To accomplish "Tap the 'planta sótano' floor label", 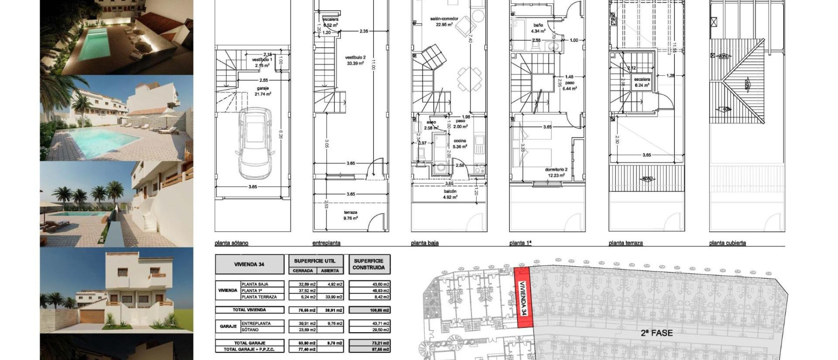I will pos(231,243).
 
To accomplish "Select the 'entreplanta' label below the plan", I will pos(326,243).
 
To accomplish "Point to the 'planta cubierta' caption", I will pos(727,243).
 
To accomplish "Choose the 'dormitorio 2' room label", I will pos(556,172).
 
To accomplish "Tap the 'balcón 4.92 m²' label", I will pos(450,194).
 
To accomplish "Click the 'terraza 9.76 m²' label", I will pos(351,215).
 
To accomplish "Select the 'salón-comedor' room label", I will pos(444,21).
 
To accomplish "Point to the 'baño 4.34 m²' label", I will pos(538,28).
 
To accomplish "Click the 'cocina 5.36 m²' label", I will pos(460,144).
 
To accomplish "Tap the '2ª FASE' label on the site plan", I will pos(656,333).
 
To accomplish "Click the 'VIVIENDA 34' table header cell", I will pos(249,264).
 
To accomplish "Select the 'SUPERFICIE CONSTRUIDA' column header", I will pos(369,264).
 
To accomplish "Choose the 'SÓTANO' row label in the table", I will pos(250,330).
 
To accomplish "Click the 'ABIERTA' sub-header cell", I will pos(330,271).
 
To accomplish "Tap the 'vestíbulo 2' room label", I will pos(354,60).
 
